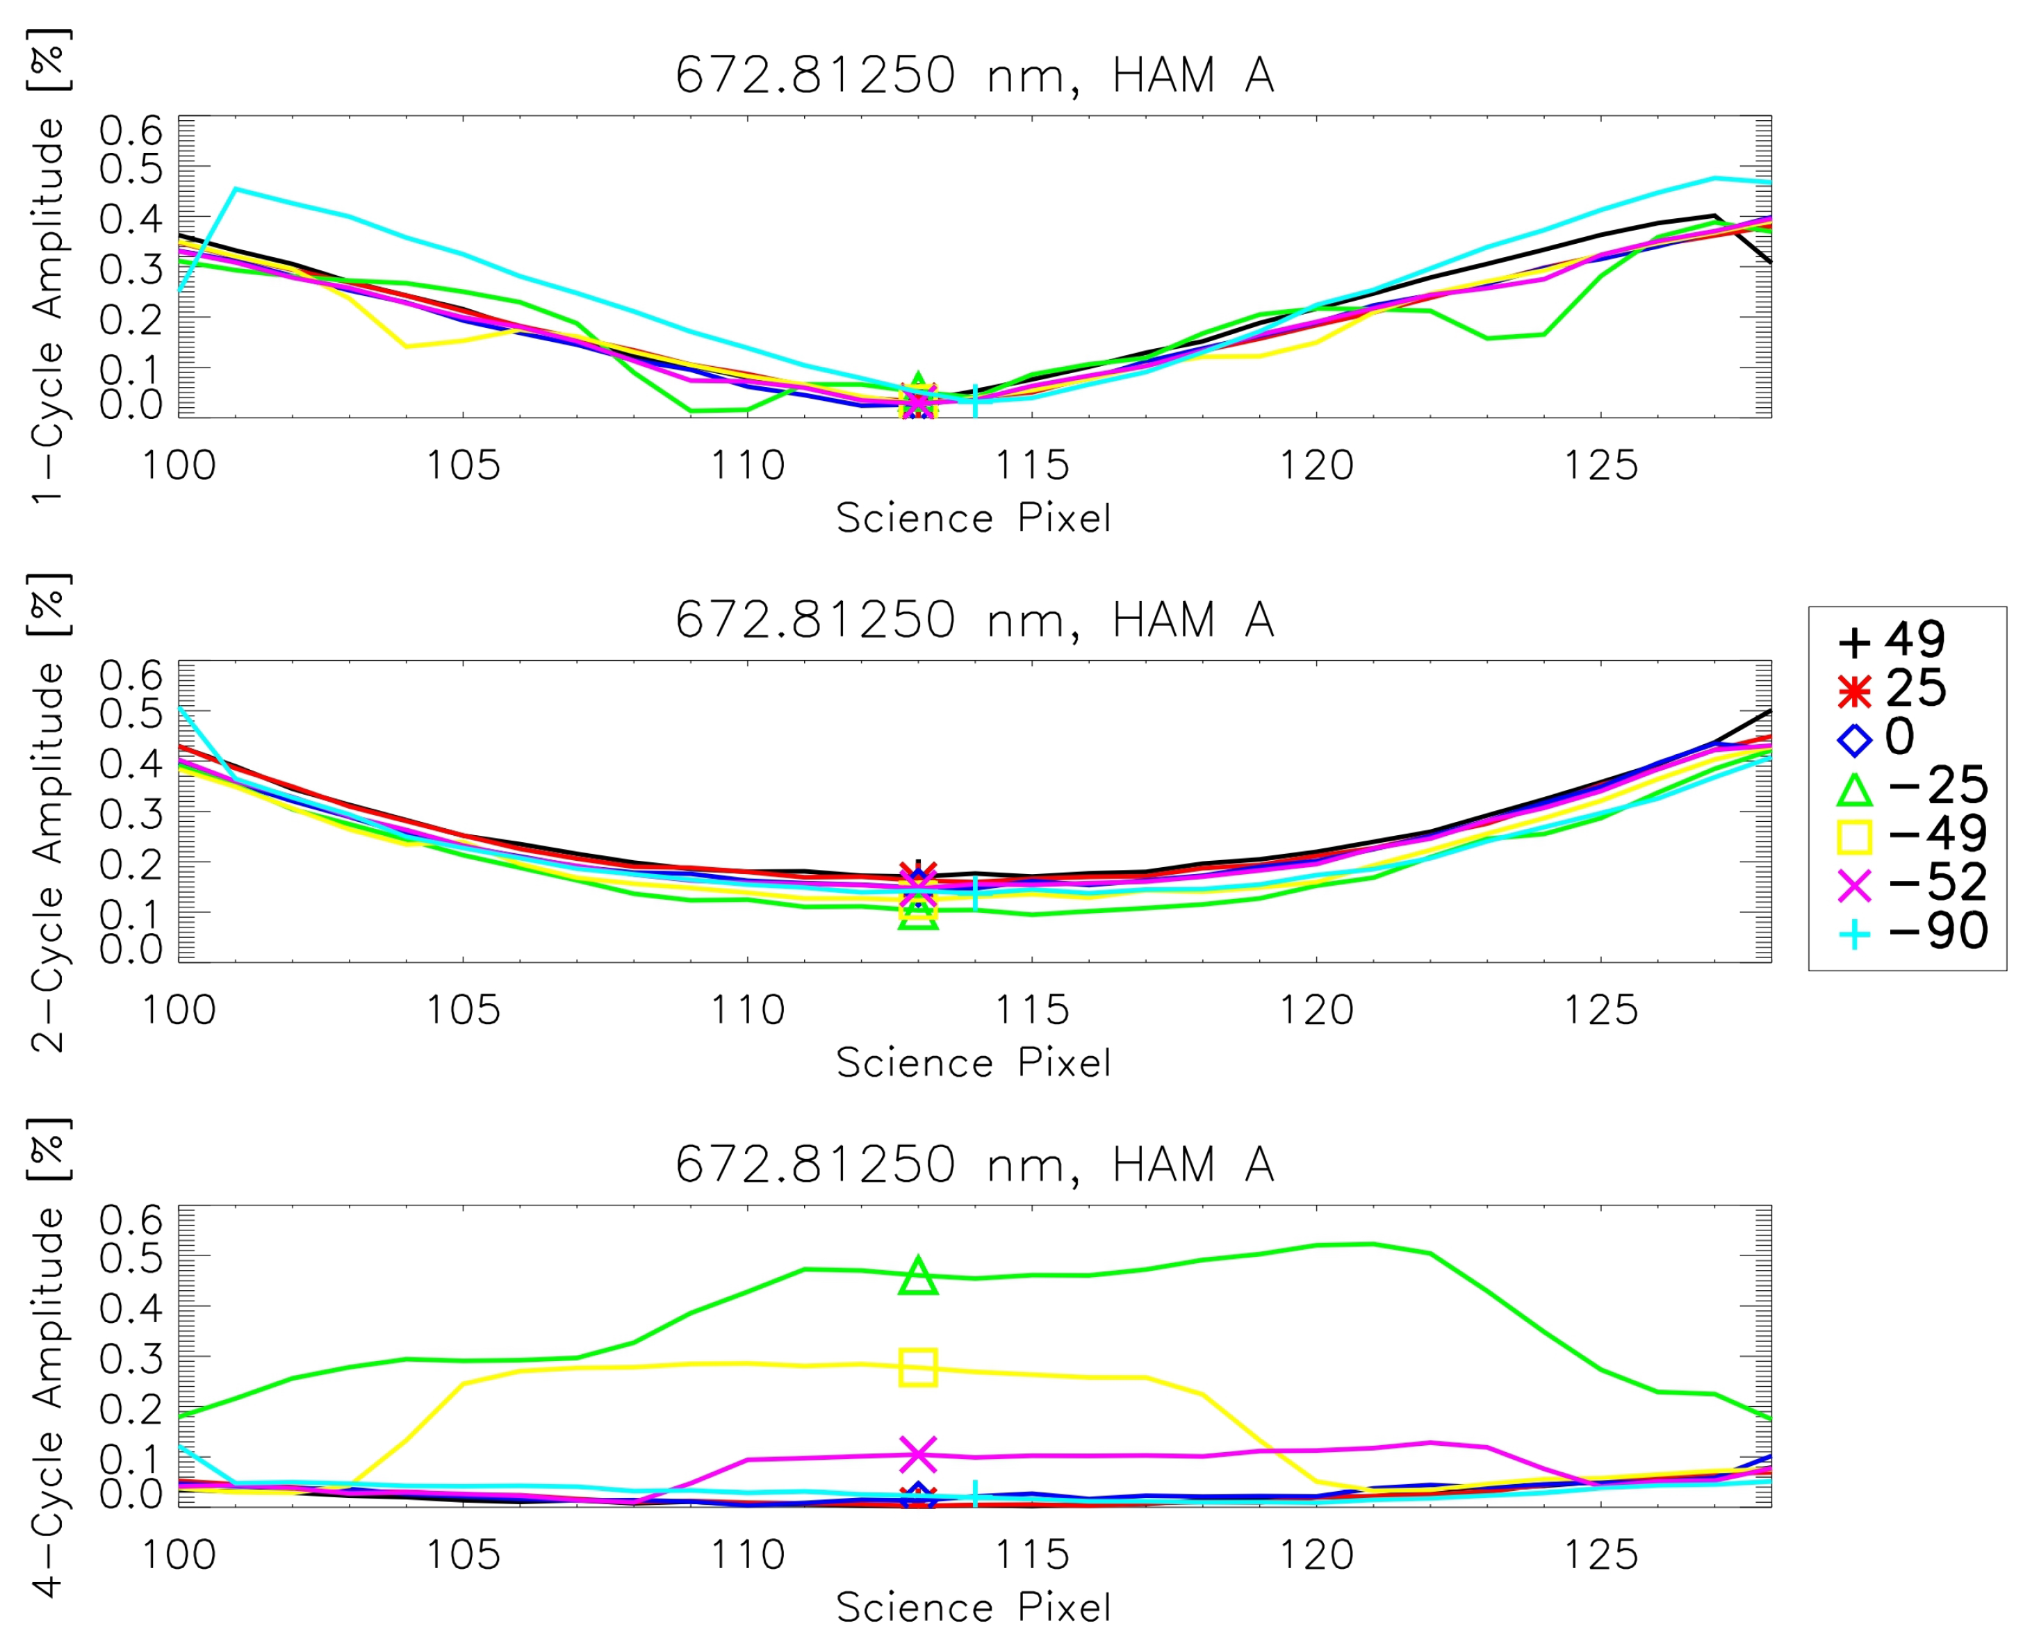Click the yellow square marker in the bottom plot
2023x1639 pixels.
(918, 1367)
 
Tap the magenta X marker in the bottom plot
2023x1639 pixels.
(918, 1455)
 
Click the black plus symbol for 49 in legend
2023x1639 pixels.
(1854, 643)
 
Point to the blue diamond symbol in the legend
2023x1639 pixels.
(1854, 740)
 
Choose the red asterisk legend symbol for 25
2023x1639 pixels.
(1854, 692)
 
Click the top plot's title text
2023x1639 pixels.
(974, 76)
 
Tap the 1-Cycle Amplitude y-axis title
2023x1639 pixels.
(47, 311)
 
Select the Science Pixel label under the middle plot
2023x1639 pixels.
(974, 1063)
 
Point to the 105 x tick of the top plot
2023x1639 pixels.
(463, 466)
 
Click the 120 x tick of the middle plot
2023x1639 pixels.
(1316, 1010)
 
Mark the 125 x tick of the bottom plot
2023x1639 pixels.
(1601, 1555)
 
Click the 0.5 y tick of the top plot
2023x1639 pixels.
(131, 169)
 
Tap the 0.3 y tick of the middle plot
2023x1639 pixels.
(131, 813)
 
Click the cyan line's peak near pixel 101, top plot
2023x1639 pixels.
(235, 189)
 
